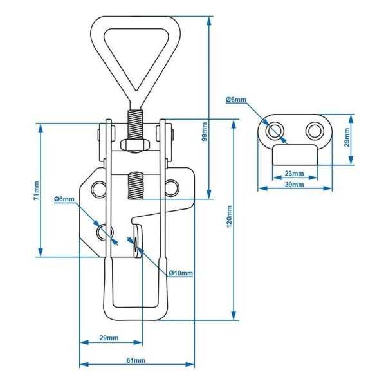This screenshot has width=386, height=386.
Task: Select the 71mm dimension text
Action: [x=36, y=190]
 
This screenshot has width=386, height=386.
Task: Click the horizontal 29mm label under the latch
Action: [x=109, y=338]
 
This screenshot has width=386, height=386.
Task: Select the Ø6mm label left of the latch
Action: [x=64, y=199]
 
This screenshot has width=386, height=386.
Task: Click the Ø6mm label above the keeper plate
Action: [x=236, y=100]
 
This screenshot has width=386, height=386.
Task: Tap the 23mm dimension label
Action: [x=294, y=173]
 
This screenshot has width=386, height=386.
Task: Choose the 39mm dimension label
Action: [x=294, y=185]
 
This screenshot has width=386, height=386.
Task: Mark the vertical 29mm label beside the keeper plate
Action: [x=347, y=136]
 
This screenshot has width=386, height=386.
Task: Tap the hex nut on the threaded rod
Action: [x=131, y=145]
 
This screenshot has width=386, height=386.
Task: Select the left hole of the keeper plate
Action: [x=275, y=131]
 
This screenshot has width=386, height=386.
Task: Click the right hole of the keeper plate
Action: [x=314, y=131]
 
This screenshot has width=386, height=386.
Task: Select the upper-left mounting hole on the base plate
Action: [x=98, y=188]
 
